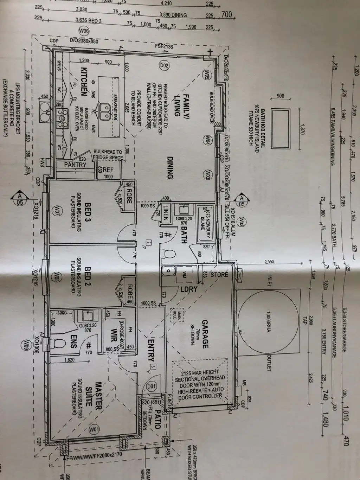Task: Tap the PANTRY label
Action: pos(75,164)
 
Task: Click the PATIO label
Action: pos(157,420)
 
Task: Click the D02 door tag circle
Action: pos(165,65)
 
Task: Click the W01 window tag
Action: pos(94,429)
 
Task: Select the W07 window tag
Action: pos(57,211)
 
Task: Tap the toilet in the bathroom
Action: pos(168,254)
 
